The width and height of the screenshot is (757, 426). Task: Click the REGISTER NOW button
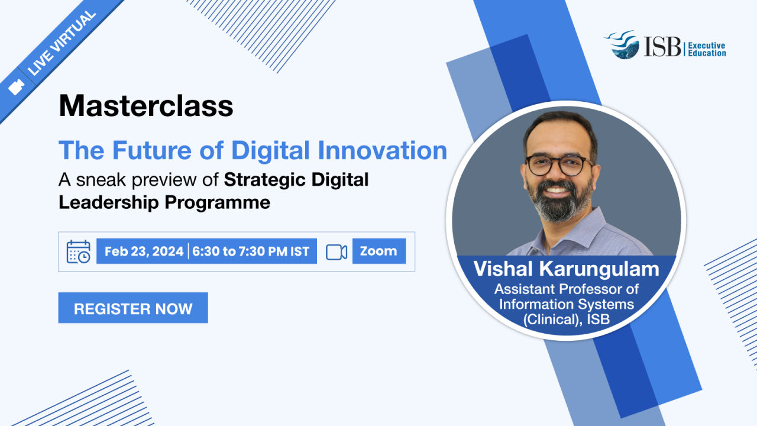133,308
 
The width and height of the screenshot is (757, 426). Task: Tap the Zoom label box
379,251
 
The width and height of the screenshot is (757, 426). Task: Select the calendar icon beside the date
79,251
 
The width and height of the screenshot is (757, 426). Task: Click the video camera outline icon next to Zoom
337,252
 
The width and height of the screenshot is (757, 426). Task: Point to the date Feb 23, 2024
144,251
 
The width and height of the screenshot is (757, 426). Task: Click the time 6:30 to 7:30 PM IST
250,251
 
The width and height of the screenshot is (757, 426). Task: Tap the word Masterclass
145,106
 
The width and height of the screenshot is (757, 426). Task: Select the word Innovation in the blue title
383,150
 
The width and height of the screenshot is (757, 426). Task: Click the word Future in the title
152,150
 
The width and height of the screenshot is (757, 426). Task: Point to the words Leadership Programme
164,203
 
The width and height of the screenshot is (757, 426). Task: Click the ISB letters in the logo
662,46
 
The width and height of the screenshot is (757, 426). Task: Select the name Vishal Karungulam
567,269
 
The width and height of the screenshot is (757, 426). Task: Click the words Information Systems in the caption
567,304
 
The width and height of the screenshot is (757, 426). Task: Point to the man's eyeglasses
559,165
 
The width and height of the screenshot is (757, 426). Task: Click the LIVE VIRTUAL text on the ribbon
62,43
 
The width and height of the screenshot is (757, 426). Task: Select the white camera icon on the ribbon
16,87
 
